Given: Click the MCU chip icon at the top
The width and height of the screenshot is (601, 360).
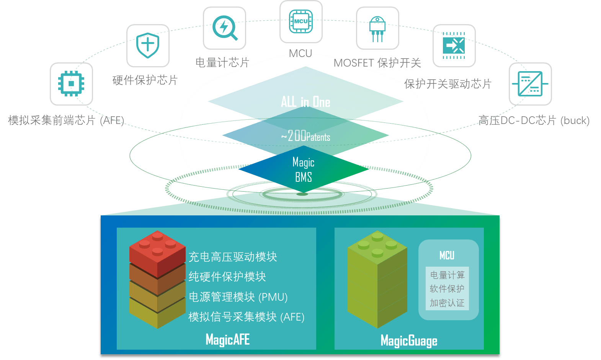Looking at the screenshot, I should (x=301, y=21).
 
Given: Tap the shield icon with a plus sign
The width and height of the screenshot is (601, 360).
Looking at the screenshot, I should (x=148, y=46).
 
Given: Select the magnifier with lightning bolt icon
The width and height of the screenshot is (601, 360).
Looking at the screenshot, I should (x=224, y=28).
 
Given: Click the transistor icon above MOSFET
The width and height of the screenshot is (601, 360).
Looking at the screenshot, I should (x=377, y=29).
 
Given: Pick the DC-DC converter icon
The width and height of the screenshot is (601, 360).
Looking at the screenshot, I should (x=530, y=84).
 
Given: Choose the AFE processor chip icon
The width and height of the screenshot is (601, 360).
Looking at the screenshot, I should (x=71, y=84).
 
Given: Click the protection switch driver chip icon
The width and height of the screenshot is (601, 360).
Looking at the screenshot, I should (x=454, y=46).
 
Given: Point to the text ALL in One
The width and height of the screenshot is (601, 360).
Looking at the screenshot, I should (x=305, y=102).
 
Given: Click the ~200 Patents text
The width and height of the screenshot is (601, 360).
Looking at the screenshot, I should (x=305, y=136).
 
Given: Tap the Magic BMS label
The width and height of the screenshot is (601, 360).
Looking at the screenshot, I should (x=304, y=169).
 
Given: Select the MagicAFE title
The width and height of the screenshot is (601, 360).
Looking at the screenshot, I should (x=227, y=340).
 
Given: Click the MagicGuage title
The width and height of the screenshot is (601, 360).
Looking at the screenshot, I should (x=409, y=340).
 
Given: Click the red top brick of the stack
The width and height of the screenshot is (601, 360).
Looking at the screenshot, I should (x=157, y=252).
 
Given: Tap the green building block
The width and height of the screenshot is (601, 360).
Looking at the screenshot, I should (x=377, y=279).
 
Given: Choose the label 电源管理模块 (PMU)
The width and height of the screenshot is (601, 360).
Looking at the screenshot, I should (x=238, y=297).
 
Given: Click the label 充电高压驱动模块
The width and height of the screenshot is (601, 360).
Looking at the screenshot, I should (x=233, y=257).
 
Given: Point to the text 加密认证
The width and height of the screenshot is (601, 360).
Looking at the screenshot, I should (x=447, y=303).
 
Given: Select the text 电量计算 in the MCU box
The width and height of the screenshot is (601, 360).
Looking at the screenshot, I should (x=447, y=275).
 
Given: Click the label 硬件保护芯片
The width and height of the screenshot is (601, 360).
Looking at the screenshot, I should (x=145, y=80).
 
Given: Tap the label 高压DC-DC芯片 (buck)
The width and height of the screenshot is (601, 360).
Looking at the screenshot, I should (x=534, y=121).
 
